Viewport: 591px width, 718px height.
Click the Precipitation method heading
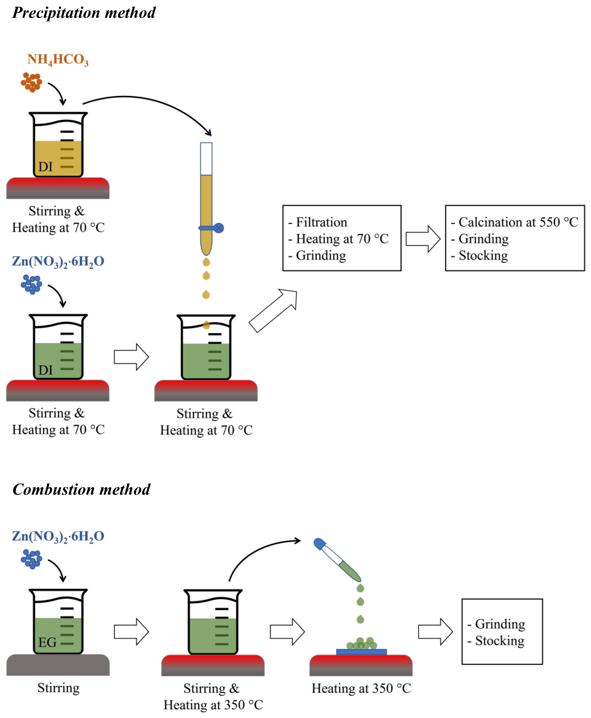(x=84, y=13)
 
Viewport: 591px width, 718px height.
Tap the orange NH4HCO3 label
(x=58, y=60)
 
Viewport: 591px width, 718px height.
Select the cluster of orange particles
(x=31, y=82)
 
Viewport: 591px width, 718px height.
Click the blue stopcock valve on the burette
(x=219, y=228)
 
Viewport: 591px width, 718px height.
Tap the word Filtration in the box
(x=321, y=222)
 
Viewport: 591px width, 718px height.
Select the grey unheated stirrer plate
(x=58, y=665)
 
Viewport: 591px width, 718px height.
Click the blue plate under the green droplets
(x=361, y=652)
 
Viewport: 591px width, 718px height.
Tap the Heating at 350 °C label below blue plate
(x=361, y=688)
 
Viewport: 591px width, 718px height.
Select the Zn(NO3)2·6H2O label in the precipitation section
(x=58, y=261)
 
